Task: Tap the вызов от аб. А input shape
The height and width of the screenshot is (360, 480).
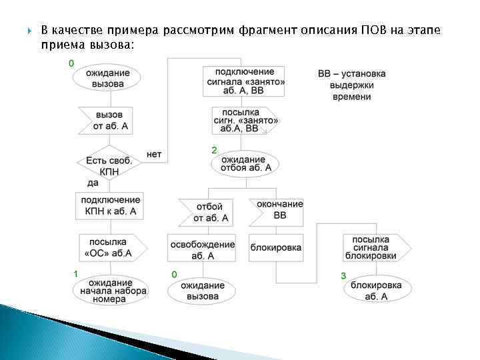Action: [x=107, y=120]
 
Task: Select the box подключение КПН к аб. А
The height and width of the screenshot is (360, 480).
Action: [x=110, y=206]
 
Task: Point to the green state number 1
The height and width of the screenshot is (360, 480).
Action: [x=75, y=273]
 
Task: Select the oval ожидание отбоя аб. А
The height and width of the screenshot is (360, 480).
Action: [x=244, y=164]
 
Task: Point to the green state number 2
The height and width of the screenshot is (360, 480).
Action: [x=214, y=150]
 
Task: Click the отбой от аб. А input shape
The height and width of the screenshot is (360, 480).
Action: [x=209, y=212]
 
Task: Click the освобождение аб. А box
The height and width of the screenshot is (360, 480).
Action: [x=202, y=249]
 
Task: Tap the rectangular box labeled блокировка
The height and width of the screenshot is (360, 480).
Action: [x=275, y=247]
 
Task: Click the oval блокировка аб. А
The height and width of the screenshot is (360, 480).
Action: [x=376, y=291]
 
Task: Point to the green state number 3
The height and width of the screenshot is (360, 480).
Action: [x=343, y=275]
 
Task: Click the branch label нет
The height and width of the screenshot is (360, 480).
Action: [x=154, y=154]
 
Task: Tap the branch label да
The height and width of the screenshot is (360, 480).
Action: [x=93, y=183]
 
